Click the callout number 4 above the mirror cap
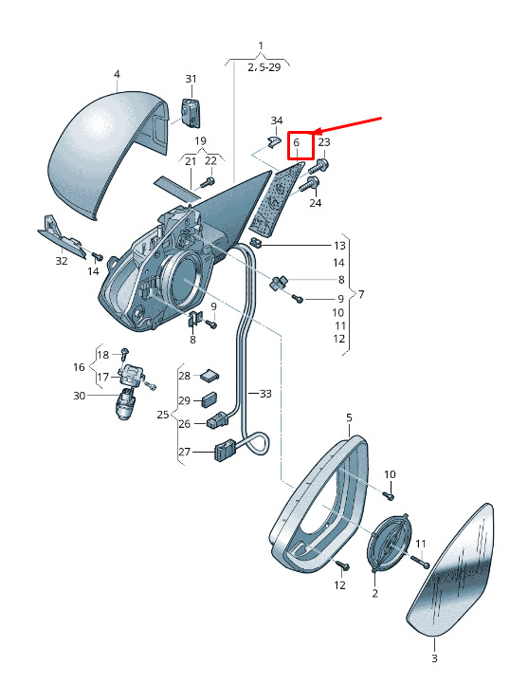(x=117, y=75)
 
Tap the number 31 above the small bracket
(x=191, y=79)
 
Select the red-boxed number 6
(x=297, y=143)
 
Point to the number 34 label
(x=277, y=120)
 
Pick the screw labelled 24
(x=309, y=185)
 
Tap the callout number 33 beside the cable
(x=265, y=394)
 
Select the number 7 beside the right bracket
(x=361, y=294)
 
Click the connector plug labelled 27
(x=226, y=451)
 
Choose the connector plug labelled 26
(x=218, y=420)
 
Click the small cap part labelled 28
(x=209, y=375)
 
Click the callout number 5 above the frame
(x=349, y=418)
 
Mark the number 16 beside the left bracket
(x=79, y=367)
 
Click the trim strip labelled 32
(x=62, y=237)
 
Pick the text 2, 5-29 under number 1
(x=264, y=67)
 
